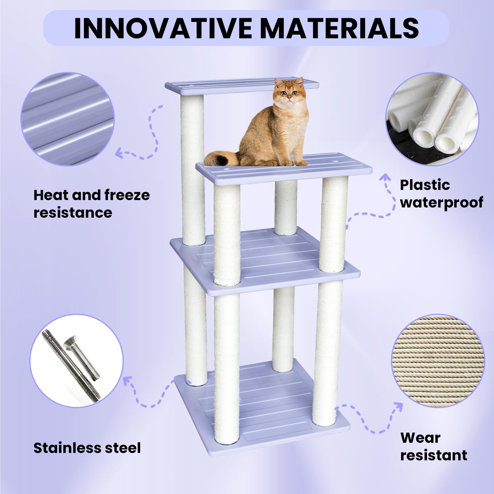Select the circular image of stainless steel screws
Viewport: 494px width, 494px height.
(x=76, y=361)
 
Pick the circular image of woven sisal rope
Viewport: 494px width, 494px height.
(x=438, y=361)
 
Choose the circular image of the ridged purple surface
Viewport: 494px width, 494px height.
(x=67, y=119)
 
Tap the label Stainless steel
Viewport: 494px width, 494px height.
(x=87, y=448)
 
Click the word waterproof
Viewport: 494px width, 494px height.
(x=442, y=203)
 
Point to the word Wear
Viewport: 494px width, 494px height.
(x=420, y=438)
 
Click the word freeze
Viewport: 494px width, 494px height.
(x=127, y=195)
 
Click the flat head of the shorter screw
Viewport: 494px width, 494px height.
(x=70, y=341)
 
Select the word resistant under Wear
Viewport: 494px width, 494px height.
(x=433, y=455)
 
